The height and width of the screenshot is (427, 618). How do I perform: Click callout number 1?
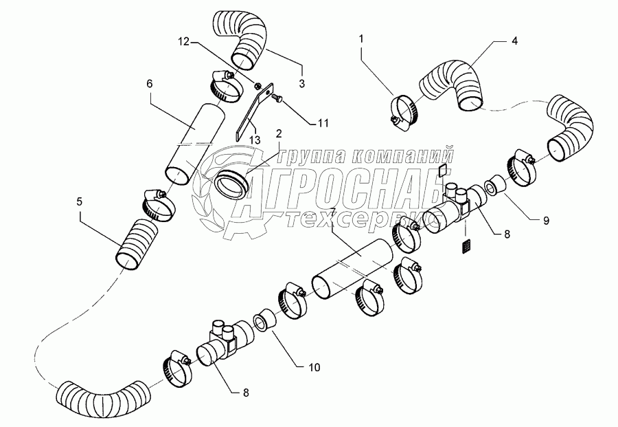coord(360,40)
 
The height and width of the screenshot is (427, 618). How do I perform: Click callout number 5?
coord(80,201)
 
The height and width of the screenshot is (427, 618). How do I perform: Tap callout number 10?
coord(314,368)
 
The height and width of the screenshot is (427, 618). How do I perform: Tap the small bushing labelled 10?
coord(262,321)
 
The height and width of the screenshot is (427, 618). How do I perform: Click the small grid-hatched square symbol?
coord(468,245)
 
